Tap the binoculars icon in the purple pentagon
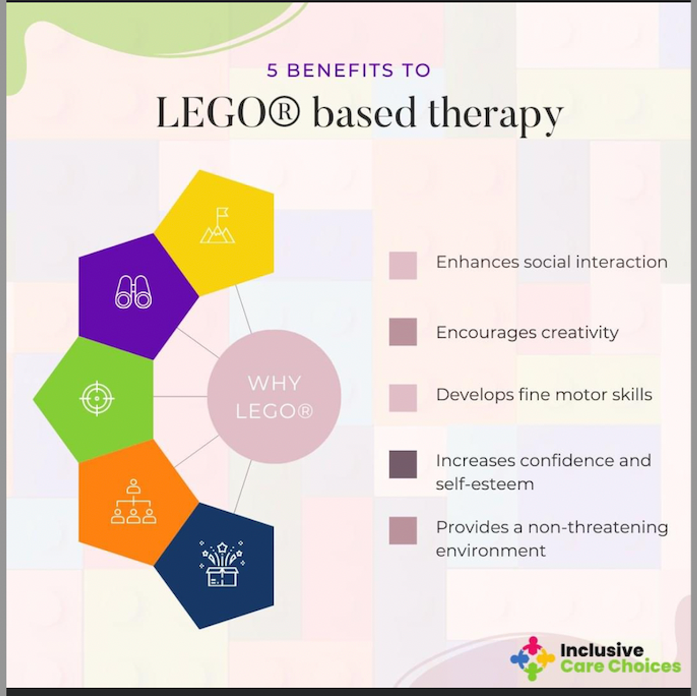[x=133, y=292]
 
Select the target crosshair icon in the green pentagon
[x=96, y=398]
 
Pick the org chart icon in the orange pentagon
[x=134, y=502]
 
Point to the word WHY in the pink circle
[x=274, y=383]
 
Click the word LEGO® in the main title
[x=228, y=112]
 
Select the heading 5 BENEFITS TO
[x=348, y=70]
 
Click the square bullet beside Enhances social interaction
[x=403, y=266]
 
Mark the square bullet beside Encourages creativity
[x=403, y=331]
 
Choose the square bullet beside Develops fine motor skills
[x=403, y=398]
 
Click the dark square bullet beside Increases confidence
[x=403, y=464]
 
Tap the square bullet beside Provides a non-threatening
[x=403, y=530]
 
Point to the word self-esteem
[x=484, y=484]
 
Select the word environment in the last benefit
[x=490, y=551]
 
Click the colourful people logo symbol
[x=532, y=658]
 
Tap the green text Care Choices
[x=620, y=666]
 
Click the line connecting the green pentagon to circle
[x=180, y=397]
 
